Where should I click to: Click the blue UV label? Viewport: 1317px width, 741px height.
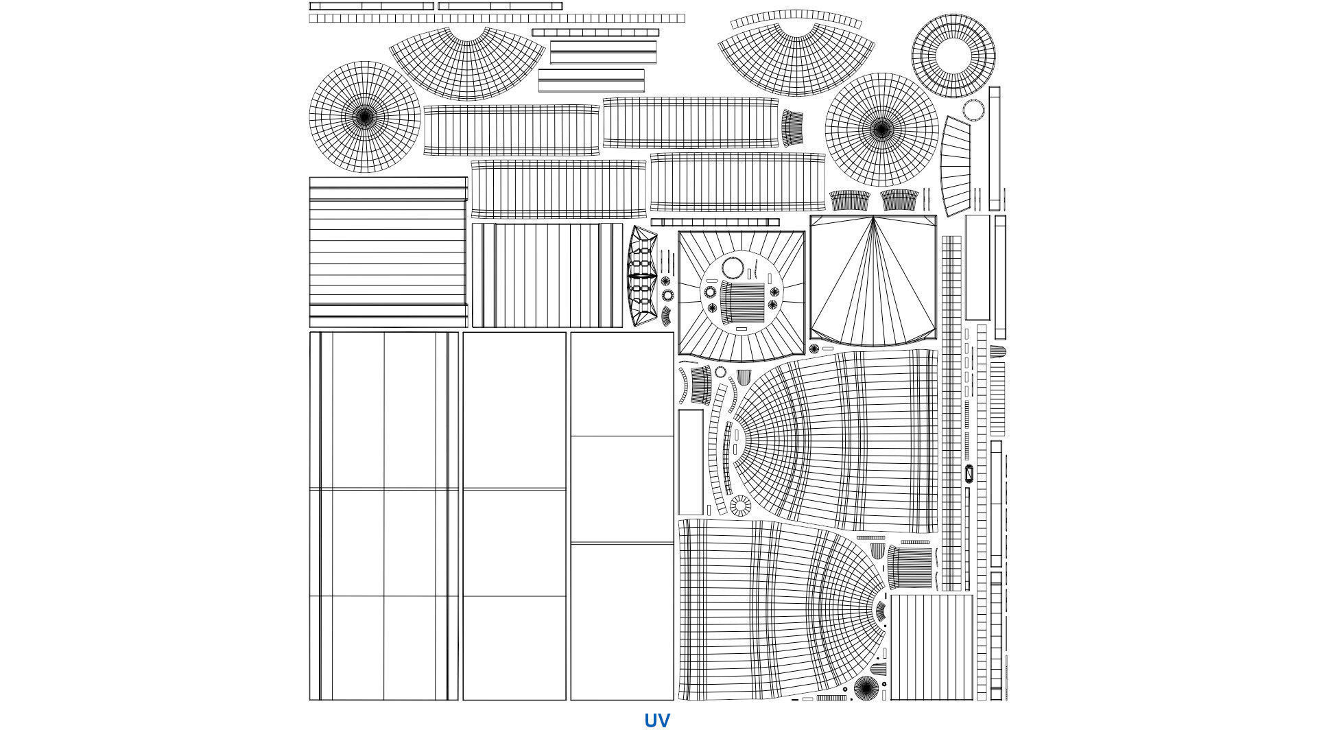tap(656, 720)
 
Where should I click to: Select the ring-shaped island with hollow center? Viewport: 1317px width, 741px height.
tap(953, 56)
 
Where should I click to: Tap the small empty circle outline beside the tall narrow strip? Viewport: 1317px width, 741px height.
tap(973, 110)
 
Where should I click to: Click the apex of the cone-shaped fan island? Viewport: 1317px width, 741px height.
tap(873, 219)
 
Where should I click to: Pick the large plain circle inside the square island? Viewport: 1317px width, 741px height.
tap(733, 268)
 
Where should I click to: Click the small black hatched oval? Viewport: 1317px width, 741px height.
tap(969, 473)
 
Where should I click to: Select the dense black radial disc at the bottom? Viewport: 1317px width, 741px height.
tap(866, 687)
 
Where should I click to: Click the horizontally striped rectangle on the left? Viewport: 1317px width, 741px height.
tap(388, 252)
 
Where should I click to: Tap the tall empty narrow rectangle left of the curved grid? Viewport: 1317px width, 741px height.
tap(690, 462)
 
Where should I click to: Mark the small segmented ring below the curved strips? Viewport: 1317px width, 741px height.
tap(740, 506)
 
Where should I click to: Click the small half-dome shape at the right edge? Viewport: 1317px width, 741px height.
tap(997, 352)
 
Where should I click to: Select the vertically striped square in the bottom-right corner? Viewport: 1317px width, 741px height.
tap(931, 647)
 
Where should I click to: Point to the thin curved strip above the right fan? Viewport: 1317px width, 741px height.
tap(796, 18)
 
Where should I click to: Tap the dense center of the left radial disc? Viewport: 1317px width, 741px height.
tap(365, 117)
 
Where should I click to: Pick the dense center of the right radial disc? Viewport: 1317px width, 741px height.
tap(881, 128)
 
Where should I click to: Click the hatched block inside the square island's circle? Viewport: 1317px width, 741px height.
tap(742, 302)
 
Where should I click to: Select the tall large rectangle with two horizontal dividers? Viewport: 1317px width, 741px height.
tap(621, 516)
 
